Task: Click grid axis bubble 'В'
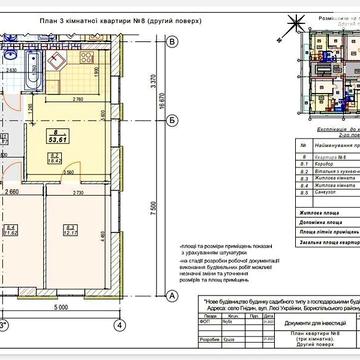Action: click(x=171, y=41)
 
